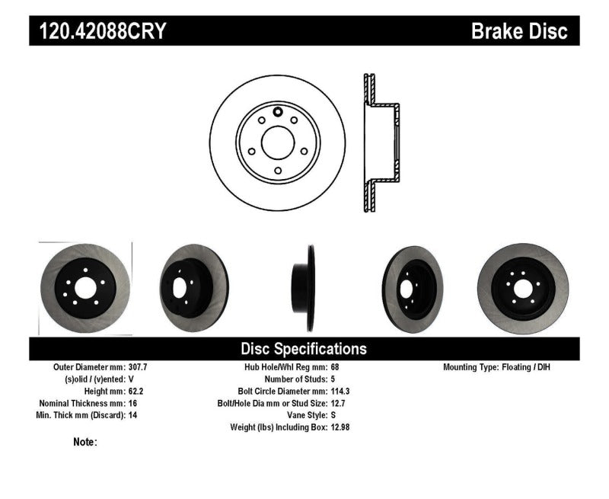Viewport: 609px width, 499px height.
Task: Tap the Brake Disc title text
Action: pyautogui.click(x=519, y=31)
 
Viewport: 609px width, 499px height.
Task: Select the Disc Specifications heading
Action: pyautogui.click(x=304, y=349)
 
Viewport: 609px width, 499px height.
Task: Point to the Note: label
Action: pyautogui.click(x=85, y=442)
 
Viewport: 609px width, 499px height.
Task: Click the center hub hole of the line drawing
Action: pyautogui.click(x=277, y=142)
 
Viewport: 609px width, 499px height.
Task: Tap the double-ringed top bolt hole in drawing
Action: pyautogui.click(x=277, y=114)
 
